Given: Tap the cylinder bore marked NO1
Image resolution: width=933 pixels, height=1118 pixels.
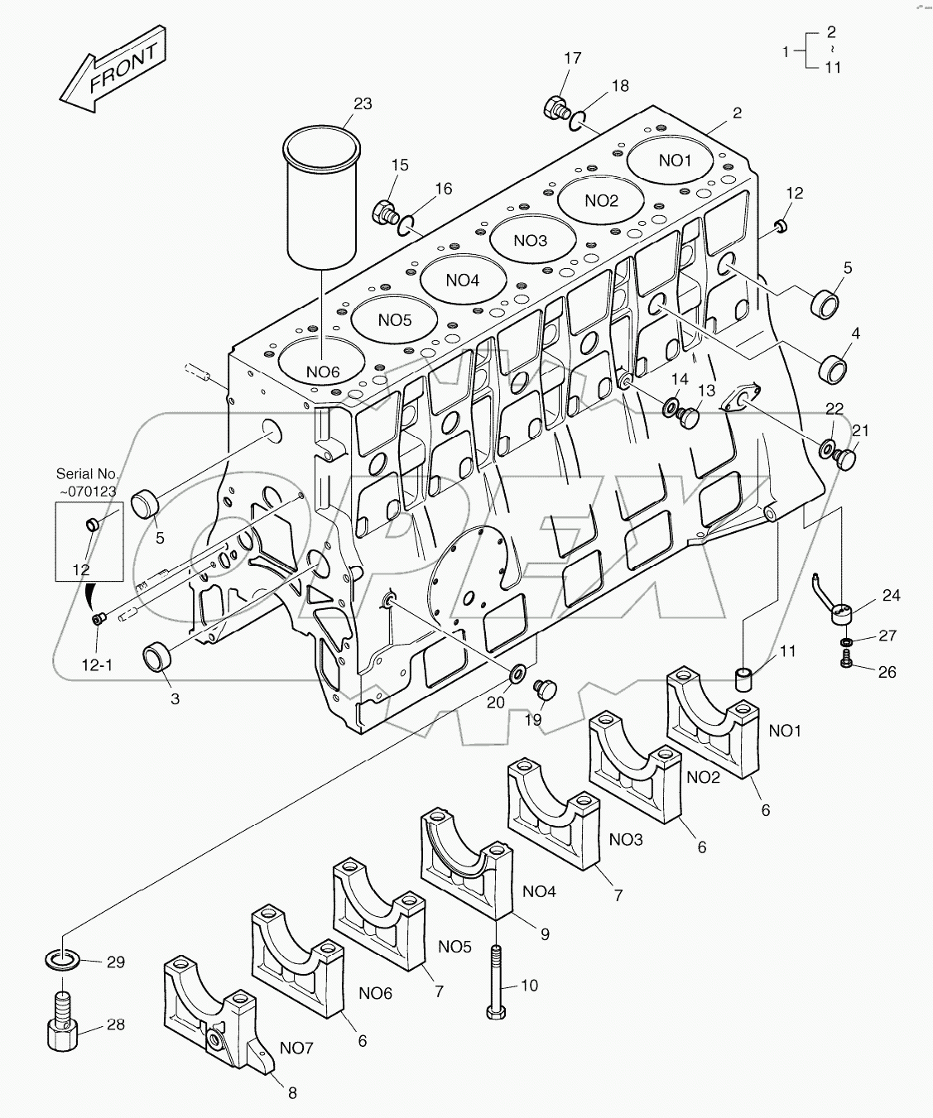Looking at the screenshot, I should pos(675,161).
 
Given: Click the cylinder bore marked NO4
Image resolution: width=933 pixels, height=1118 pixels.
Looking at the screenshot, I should pos(462,280).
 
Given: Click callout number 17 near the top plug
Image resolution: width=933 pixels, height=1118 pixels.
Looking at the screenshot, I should pos(572,58).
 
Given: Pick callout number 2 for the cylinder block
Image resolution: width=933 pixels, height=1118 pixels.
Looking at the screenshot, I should pos(737,113).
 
